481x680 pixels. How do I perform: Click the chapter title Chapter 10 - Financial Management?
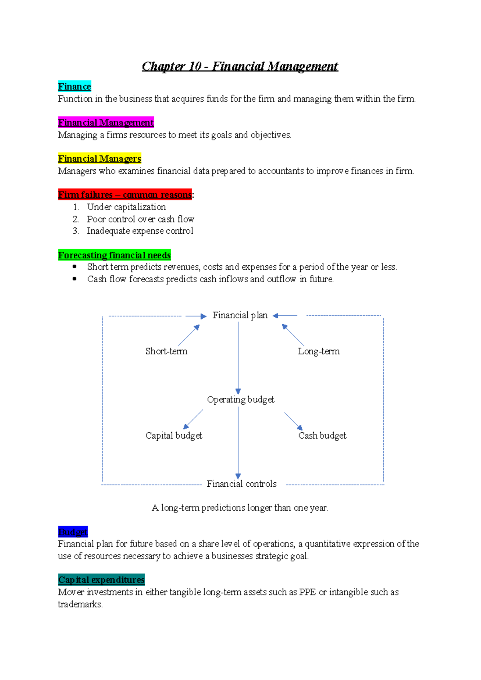coord(240,66)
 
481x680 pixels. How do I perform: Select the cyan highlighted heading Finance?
coord(75,87)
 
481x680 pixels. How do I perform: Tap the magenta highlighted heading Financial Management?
coord(106,123)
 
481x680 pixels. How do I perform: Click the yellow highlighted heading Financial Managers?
coord(99,159)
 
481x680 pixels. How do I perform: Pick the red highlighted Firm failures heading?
coord(125,195)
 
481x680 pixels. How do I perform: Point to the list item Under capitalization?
coord(126,207)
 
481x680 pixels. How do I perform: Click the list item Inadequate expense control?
coord(140,231)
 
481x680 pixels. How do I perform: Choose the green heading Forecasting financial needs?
coord(114,255)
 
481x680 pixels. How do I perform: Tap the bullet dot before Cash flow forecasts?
coord(75,279)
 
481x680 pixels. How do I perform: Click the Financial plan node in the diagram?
coord(240,316)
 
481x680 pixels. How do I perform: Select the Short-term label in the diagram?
coord(166,351)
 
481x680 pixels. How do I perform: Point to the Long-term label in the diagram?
coord(319,351)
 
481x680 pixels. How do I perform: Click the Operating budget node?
coord(240,400)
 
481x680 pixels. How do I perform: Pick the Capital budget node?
coord(174,436)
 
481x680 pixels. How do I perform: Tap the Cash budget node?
coord(322,436)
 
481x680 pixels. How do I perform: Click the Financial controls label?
coord(241,484)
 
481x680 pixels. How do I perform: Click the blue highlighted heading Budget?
coord(73,532)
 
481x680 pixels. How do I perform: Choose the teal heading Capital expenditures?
coord(101,580)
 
